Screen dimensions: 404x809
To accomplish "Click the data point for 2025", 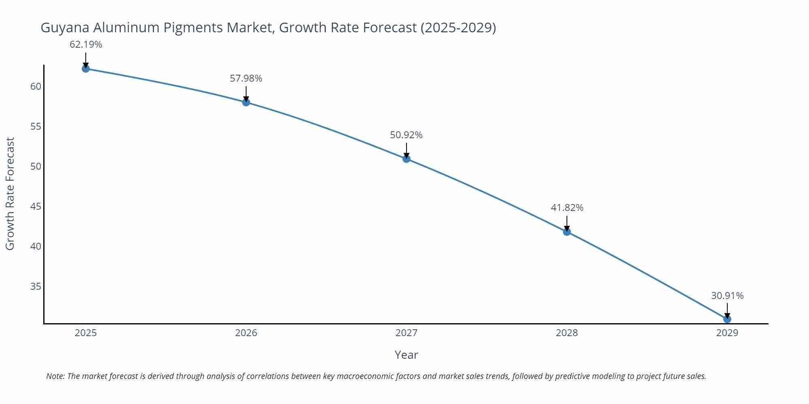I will pos(86,69).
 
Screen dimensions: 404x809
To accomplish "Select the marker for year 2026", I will pos(246,102).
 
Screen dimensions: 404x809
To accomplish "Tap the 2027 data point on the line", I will pos(407,159).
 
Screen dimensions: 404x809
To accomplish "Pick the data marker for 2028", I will pos(567,231).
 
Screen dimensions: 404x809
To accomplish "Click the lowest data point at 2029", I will pos(727,319).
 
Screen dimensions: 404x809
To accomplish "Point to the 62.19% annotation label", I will pos(86,44).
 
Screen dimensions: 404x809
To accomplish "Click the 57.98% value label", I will pos(246,78).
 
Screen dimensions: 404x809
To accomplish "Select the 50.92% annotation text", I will pos(406,135).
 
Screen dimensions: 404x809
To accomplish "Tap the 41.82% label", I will pos(567,208).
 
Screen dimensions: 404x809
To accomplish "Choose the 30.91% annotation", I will pos(727,296).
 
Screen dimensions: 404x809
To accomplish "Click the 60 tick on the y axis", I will pos(36,86).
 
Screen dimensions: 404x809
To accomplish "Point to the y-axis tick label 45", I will pos(36,206).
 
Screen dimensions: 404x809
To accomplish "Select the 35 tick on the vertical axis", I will pos(36,286).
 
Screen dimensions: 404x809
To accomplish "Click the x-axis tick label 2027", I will pos(406,333).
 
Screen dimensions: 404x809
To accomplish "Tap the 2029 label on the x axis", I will pos(727,333).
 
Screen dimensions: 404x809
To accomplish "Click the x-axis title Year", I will pos(406,355).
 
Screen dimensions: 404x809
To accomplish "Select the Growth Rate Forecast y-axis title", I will pos(10,194).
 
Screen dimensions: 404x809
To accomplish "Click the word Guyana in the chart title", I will pos(65,27).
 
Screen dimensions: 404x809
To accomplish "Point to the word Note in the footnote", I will pos(55,376).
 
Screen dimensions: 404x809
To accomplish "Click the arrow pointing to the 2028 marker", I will pos(567,222).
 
